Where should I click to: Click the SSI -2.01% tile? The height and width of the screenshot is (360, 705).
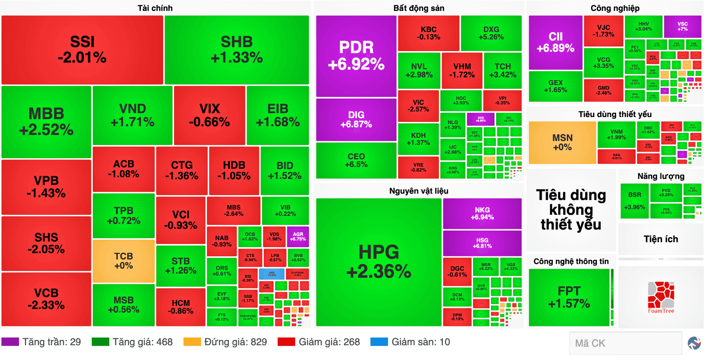coord(82,50)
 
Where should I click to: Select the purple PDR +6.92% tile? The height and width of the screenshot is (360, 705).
coord(356,56)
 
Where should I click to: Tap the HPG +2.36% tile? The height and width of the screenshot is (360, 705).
coord(379,262)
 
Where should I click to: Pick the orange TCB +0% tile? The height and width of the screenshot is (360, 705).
coord(123,261)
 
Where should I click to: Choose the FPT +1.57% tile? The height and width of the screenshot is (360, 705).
coord(569,297)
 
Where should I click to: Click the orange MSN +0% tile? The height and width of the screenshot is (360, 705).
coord(562,142)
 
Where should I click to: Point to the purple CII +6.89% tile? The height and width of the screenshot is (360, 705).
coord(555,42)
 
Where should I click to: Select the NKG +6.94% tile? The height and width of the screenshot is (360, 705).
coord(482,213)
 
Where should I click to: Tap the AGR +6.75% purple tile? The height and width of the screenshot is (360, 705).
coord(298,236)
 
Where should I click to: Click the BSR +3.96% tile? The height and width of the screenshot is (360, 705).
coord(634,201)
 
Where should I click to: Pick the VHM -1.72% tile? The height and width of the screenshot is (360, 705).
coord(462,71)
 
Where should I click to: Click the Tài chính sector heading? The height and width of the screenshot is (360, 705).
coord(155,8)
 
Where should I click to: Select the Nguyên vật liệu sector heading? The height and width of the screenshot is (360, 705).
coord(418,191)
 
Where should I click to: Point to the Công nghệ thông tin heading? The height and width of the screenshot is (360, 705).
coord(571,261)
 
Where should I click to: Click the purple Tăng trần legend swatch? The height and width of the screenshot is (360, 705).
coord(10,342)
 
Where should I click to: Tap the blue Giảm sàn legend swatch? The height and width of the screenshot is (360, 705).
coord(379,342)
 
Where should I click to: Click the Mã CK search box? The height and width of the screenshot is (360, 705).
coord(625,343)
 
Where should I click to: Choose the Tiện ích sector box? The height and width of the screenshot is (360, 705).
coord(661,239)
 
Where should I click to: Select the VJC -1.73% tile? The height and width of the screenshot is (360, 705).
coord(603,31)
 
